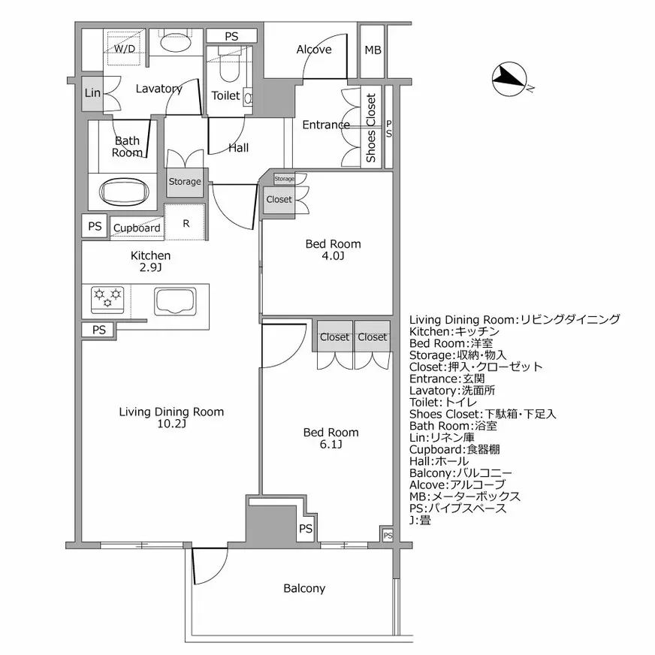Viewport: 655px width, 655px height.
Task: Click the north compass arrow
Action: pos(510,78)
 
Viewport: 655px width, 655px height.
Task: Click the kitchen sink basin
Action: pos(175,300)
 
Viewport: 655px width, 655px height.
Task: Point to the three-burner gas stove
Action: pos(108,299)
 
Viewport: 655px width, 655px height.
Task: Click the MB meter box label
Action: pos(373,50)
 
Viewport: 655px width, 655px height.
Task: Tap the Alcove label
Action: pos(313,50)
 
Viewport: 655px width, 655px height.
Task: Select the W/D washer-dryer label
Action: pos(125,50)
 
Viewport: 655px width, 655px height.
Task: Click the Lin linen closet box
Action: pos(92,93)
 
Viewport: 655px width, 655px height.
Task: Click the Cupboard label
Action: pos(137,228)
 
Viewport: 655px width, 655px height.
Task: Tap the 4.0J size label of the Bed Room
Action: pos(333,256)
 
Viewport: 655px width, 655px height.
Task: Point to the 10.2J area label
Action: pos(171,424)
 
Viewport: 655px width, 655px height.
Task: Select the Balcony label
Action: pos(304,588)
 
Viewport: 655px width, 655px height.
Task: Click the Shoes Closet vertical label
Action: pos(371,128)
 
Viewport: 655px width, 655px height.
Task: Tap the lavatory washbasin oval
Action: pos(177,41)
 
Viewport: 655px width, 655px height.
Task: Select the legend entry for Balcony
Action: pos(460,472)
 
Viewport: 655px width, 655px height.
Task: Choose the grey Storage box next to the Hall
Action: pos(185,181)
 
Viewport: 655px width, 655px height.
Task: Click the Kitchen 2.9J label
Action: pos(151,261)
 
